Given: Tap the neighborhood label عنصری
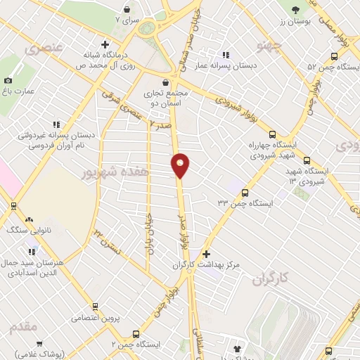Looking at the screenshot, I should (x=44, y=48).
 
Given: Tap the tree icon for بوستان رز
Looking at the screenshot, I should (x=295, y=9).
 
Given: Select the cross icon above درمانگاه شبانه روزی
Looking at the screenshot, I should (x=105, y=44).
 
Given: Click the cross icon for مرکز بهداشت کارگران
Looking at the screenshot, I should (x=205, y=254).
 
